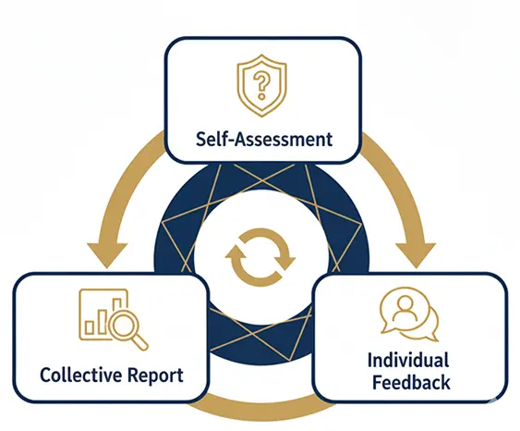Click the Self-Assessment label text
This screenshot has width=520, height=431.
[264, 139]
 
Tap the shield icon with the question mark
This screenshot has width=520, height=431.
[261, 85]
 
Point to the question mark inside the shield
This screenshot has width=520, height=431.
[261, 86]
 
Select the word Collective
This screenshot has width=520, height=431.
[81, 375]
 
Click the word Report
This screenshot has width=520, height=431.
[155, 376]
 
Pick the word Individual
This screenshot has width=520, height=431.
[408, 360]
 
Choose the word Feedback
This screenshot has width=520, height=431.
[411, 382]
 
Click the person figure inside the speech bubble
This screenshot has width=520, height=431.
[405, 309]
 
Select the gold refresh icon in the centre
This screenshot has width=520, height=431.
[260, 258]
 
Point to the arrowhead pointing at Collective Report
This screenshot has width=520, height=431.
[107, 254]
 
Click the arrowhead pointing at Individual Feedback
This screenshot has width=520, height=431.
[416, 254]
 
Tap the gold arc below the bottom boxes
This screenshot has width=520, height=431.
[261, 410]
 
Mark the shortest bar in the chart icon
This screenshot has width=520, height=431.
[90, 327]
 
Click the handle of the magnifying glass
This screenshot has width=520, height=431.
[141, 342]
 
